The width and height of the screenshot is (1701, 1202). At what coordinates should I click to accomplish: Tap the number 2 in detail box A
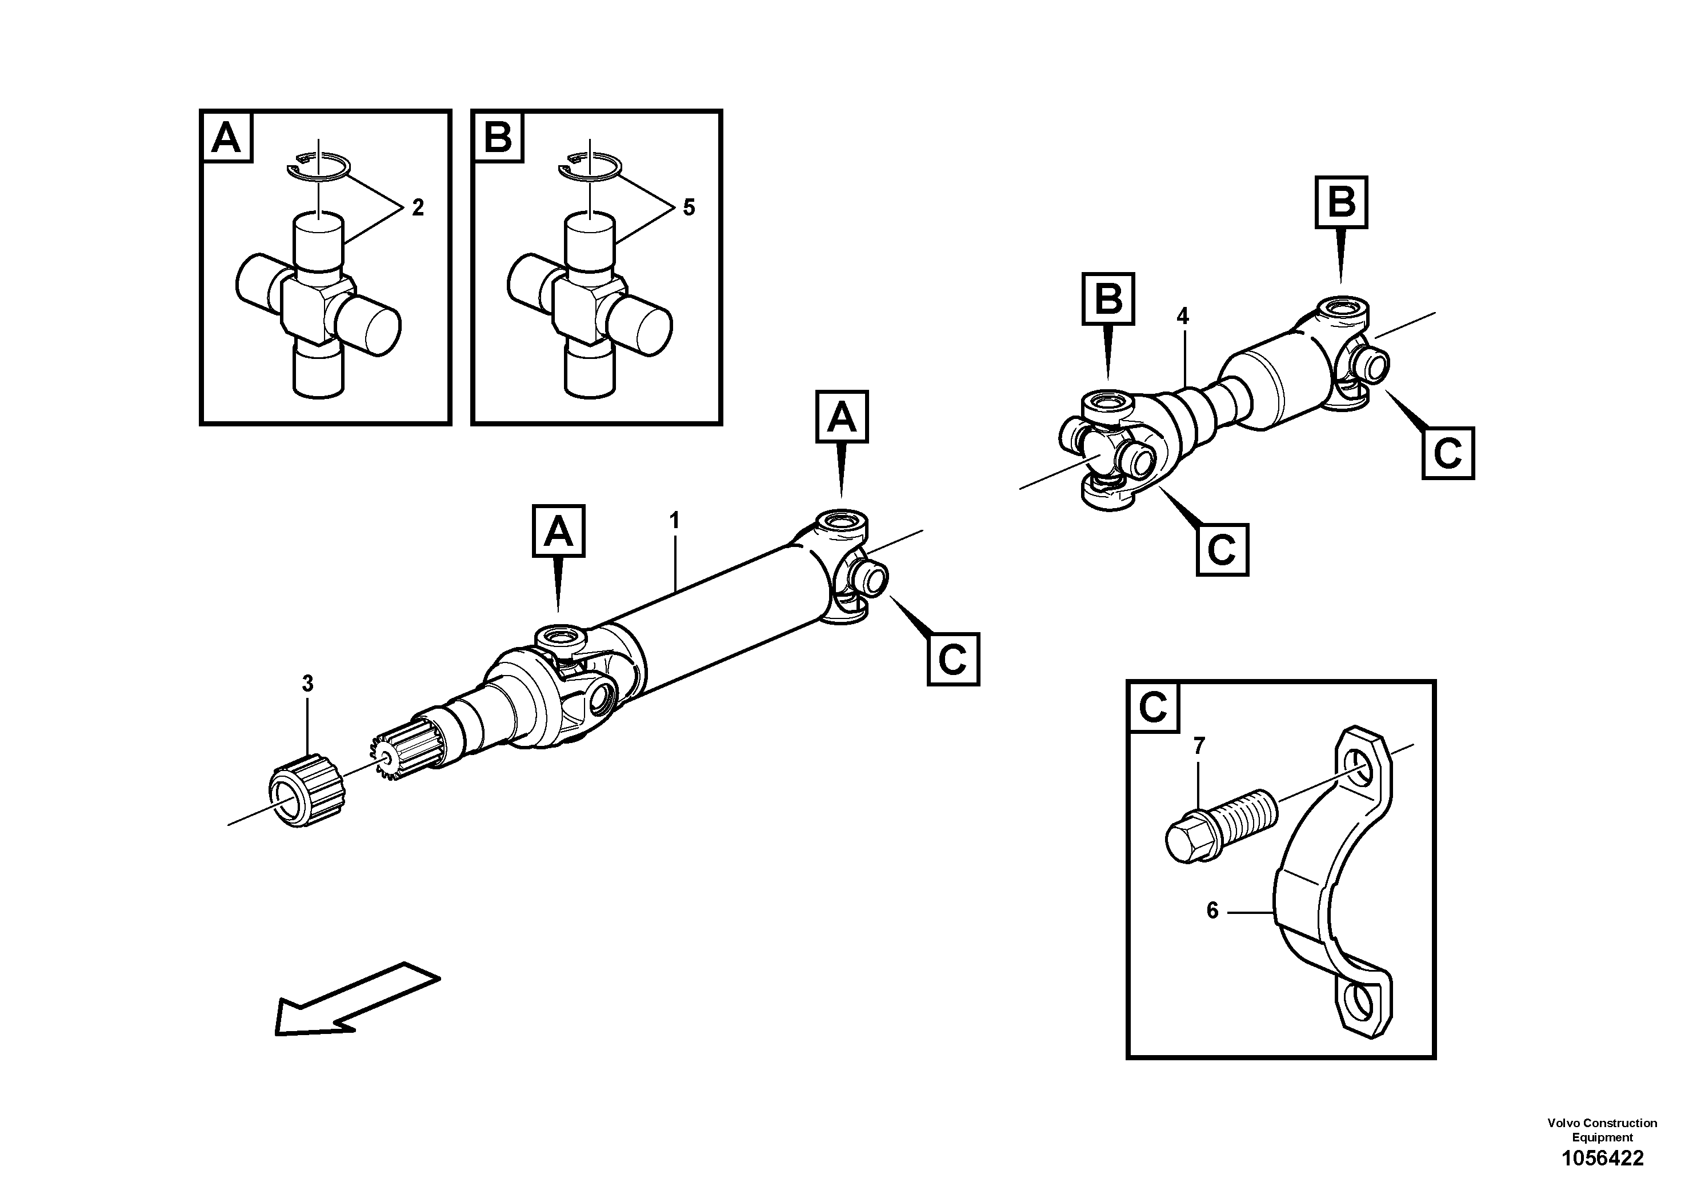pyautogui.click(x=418, y=208)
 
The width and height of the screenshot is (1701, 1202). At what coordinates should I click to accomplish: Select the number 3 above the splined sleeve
pyautogui.click(x=307, y=683)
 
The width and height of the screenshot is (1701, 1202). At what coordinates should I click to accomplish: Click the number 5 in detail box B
pyautogui.click(x=689, y=208)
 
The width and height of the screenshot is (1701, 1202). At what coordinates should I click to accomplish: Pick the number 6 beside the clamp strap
pyautogui.click(x=1212, y=911)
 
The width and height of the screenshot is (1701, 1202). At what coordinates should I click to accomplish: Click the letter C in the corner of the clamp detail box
pyautogui.click(x=1154, y=708)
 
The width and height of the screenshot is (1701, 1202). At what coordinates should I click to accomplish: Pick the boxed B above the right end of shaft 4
pyautogui.click(x=1341, y=202)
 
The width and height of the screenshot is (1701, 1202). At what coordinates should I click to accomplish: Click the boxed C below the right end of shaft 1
pyautogui.click(x=952, y=659)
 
